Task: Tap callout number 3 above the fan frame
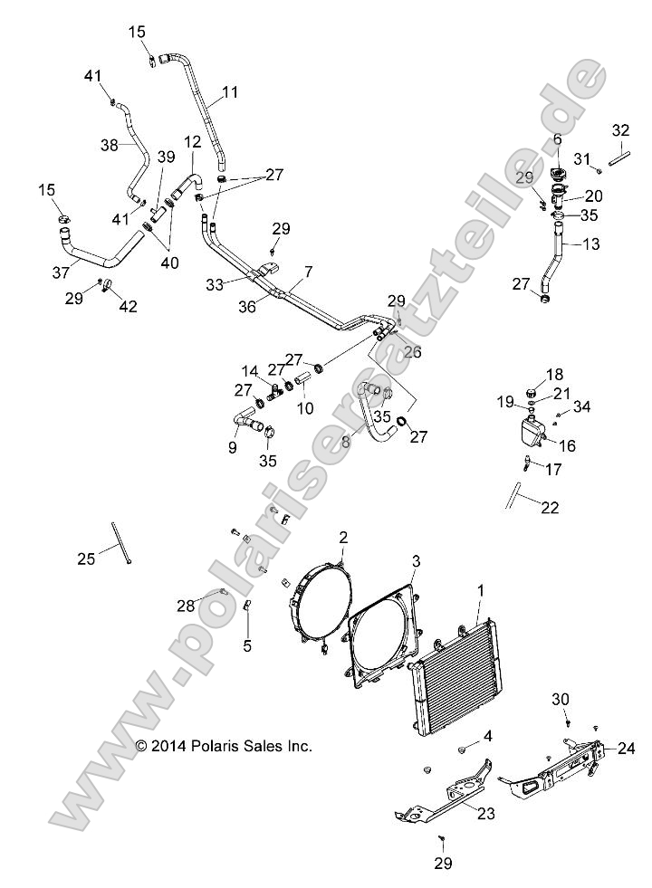[x=416, y=561]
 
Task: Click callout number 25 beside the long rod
[x=86, y=559]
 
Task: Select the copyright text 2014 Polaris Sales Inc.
[x=224, y=747]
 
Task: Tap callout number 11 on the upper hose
[x=230, y=92]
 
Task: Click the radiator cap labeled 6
[x=558, y=173]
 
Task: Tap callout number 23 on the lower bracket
[x=486, y=814]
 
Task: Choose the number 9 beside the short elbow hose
[x=232, y=447]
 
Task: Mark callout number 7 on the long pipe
[x=309, y=272]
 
